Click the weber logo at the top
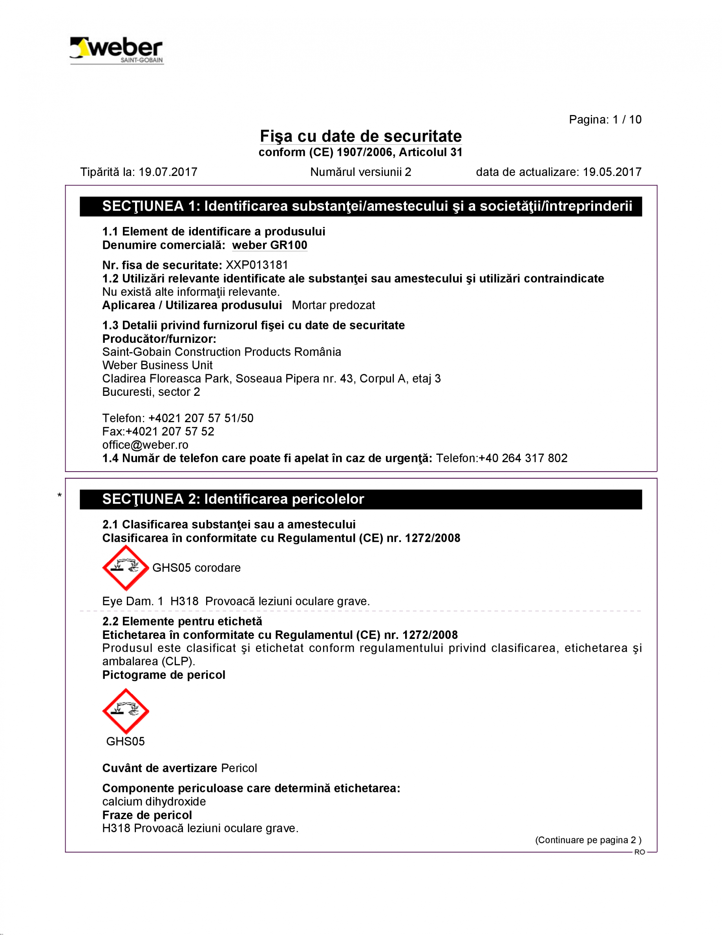[117, 51]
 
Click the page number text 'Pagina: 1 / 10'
[605, 119]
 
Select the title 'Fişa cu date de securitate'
[361, 136]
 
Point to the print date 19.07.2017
[168, 172]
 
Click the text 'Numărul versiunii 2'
[360, 172]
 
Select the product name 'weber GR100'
[270, 245]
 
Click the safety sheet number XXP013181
[257, 265]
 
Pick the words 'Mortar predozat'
[333, 305]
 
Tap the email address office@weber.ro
[145, 445]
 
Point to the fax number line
[158, 432]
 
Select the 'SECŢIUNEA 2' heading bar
[361, 499]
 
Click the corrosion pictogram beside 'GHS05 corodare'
[125, 568]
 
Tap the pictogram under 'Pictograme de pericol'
[125, 711]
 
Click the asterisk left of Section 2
[60, 496]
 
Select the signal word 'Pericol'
[239, 768]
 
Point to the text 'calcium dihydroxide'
[154, 801]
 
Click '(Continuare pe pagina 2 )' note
[588, 840]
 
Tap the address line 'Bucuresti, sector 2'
[151, 392]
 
